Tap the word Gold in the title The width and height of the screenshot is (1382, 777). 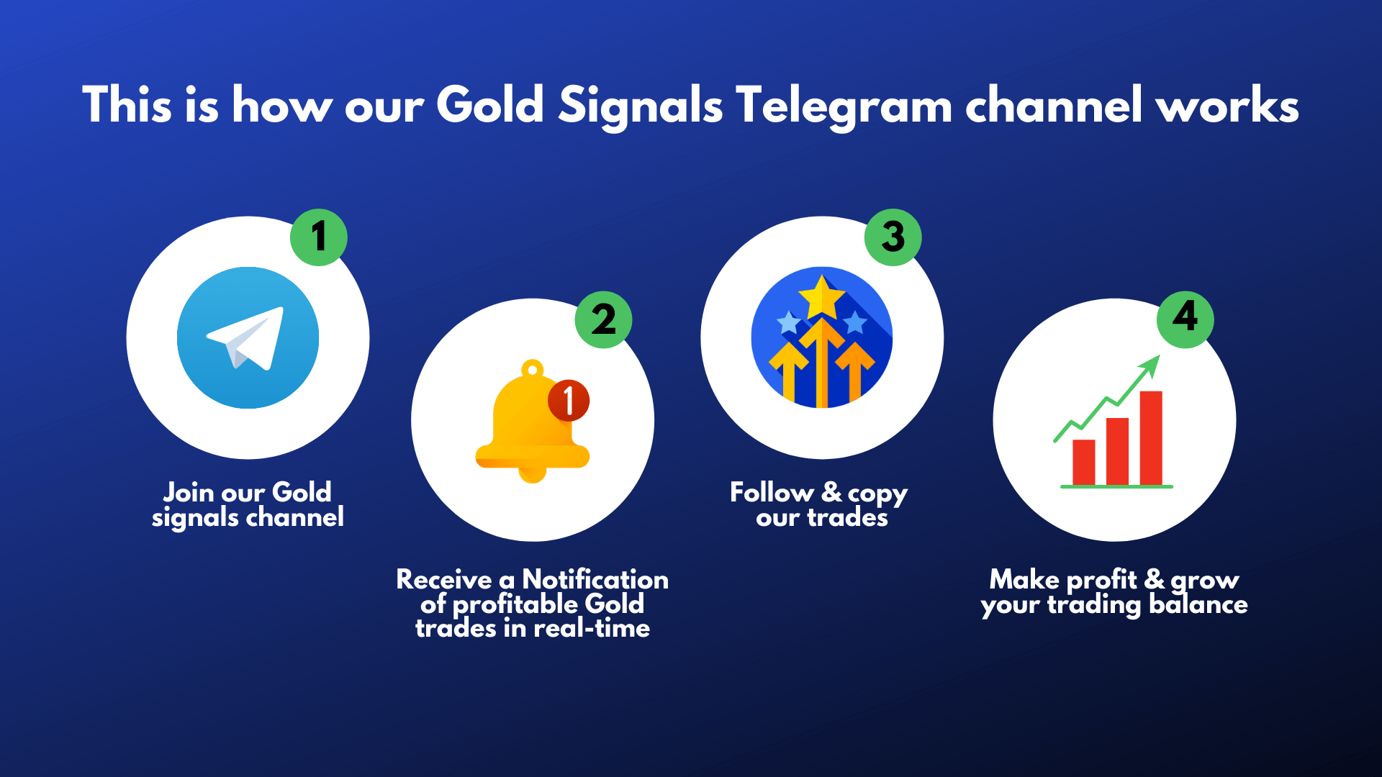coord(489,106)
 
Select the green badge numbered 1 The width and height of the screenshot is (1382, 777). coord(318,237)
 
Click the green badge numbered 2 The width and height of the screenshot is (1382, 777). coord(603,319)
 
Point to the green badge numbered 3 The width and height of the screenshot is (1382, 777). coord(893,237)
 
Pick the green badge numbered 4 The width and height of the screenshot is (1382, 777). coord(1185,319)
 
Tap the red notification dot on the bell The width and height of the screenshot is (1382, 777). coord(569,400)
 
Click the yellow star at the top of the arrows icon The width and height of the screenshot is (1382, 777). coord(821,298)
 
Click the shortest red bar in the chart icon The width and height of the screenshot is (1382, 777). coord(1083,462)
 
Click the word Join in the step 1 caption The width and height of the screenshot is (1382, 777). coord(189,493)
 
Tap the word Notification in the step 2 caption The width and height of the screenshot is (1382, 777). coord(595,580)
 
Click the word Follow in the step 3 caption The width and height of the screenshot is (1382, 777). coord(772,493)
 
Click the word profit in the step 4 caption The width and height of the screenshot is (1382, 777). coord(1101,580)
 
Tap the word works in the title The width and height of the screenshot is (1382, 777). coord(1227,106)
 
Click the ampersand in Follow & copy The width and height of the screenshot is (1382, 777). coord(831,493)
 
